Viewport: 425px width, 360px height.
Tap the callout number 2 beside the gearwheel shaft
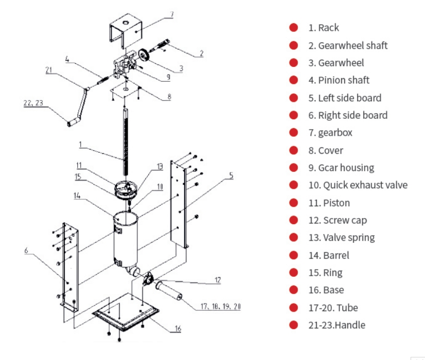pyautogui.click(x=201, y=53)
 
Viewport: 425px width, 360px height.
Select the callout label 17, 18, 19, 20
pyautogui.click(x=220, y=307)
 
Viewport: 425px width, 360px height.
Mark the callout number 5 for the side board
pyautogui.click(x=231, y=175)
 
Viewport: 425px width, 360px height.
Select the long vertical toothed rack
pyautogui.click(x=125, y=139)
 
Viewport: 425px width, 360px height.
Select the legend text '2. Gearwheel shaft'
pyautogui.click(x=348, y=45)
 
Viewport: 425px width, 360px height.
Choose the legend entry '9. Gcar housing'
pyautogui.click(x=341, y=168)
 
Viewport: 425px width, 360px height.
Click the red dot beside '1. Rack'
pyautogui.click(x=294, y=28)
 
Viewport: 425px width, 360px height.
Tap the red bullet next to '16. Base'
pyautogui.click(x=294, y=290)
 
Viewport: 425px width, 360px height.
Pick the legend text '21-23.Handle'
pyautogui.click(x=337, y=325)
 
